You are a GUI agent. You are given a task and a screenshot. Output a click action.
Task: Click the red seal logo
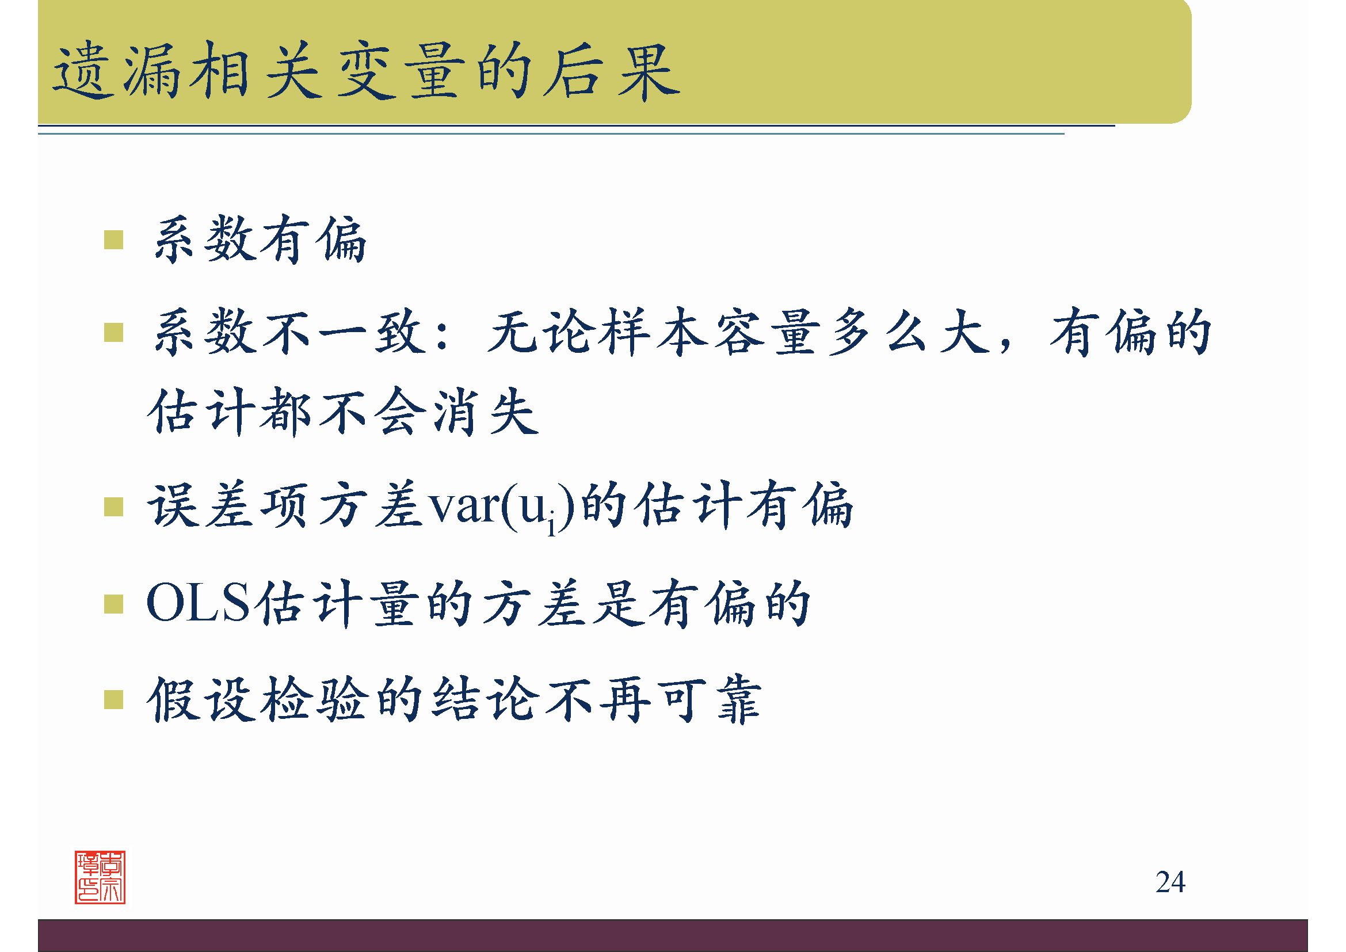click(100, 877)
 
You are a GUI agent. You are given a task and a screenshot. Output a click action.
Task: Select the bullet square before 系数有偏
click(113, 240)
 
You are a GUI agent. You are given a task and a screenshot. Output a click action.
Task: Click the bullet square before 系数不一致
click(113, 332)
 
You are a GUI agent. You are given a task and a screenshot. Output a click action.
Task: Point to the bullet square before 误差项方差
click(113, 507)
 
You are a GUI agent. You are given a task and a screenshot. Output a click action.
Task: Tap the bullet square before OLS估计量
click(113, 604)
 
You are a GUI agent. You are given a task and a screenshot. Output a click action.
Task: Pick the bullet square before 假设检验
click(113, 699)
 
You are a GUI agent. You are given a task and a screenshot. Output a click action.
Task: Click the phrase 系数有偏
click(260, 239)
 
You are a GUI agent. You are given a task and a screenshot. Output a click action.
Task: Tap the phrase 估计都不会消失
click(343, 412)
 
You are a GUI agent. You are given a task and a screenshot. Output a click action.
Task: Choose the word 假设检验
click(258, 699)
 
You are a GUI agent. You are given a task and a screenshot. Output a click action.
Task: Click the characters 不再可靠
click(653, 699)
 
